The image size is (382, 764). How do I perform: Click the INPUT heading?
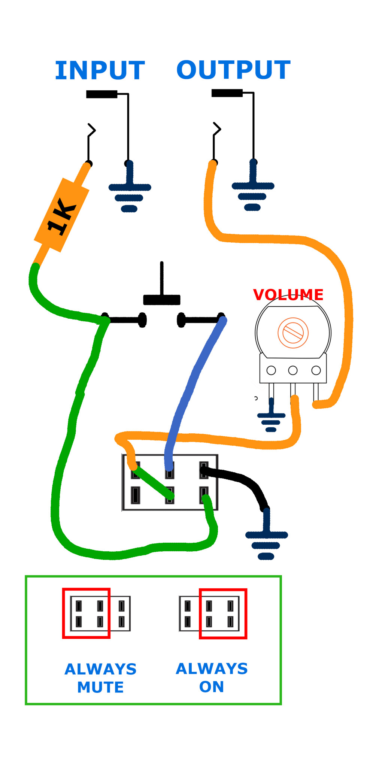pyautogui.click(x=100, y=70)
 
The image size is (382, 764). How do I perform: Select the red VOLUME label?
pyautogui.click(x=288, y=295)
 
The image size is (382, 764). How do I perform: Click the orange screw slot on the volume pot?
pyautogui.click(x=293, y=333)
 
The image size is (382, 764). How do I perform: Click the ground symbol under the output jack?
pyautogui.click(x=253, y=193)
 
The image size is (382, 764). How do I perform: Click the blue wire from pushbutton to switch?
pyautogui.click(x=191, y=389)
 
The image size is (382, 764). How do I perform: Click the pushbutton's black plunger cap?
pyautogui.click(x=162, y=300)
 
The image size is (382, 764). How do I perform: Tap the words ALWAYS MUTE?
pyautogui.click(x=100, y=678)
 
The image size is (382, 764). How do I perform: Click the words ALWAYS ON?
pyautogui.click(x=212, y=677)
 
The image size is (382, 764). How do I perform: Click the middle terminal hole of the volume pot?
pyautogui.click(x=293, y=370)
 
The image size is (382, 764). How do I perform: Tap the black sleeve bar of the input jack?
pyautogui.click(x=101, y=94)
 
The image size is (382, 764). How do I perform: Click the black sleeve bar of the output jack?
pyautogui.click(x=227, y=93)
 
